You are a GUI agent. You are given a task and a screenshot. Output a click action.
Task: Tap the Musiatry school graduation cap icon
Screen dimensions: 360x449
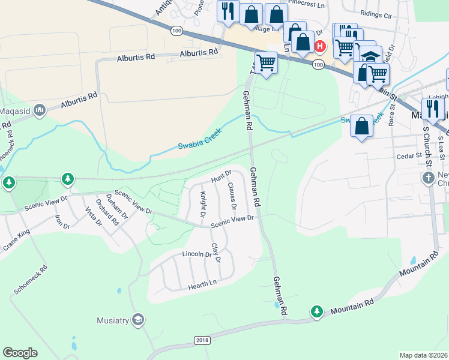(x=138, y=320)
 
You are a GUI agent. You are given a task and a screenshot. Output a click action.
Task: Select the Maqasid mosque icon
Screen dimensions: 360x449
(x=40, y=110)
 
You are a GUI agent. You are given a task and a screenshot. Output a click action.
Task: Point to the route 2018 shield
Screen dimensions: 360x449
(x=202, y=340)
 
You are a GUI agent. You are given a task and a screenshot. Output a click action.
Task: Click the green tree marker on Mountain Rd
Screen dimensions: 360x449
(x=317, y=311)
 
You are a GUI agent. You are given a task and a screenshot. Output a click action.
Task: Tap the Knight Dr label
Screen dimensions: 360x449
(x=203, y=203)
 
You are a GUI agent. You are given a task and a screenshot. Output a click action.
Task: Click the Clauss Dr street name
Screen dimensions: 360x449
(x=231, y=197)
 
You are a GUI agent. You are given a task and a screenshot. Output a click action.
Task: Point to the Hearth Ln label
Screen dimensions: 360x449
(x=203, y=283)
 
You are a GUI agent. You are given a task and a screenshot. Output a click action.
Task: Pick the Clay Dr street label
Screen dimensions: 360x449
(x=215, y=253)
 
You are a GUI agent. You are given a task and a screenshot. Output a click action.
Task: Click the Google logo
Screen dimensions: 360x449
(x=20, y=353)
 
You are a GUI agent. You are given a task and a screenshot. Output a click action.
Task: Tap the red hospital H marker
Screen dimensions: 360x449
(x=321, y=46)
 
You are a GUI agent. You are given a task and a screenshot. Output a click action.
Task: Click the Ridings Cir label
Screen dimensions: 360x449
(x=376, y=13)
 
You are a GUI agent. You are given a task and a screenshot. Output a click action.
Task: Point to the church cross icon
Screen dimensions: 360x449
(x=428, y=178)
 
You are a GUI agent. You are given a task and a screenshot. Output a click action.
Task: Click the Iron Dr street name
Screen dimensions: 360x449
(x=62, y=222)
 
